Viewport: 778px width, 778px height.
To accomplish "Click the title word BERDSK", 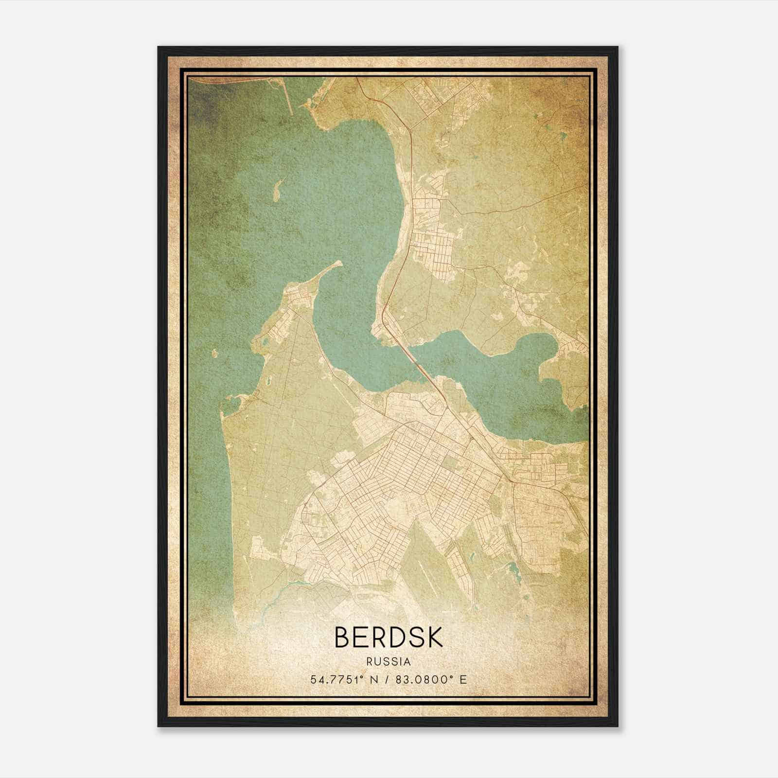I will (x=389, y=637).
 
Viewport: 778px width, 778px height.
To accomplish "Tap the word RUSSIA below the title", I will (x=389, y=662).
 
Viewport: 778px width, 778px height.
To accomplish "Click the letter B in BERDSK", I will (x=343, y=637).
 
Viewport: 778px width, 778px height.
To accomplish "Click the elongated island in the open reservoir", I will (x=278, y=190).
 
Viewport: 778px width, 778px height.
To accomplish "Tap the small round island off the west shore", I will (x=214, y=352).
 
